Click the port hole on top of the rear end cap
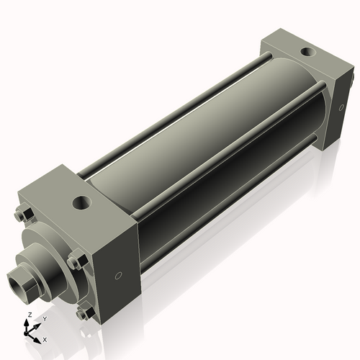[x=308, y=52]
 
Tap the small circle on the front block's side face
[x=120, y=274]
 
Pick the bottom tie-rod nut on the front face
[x=84, y=314]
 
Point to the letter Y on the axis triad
[x=44, y=319]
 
